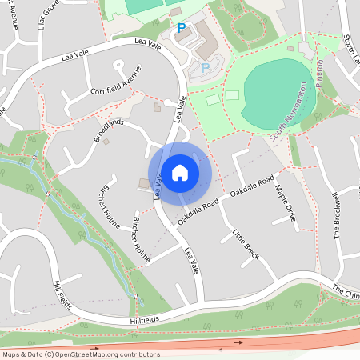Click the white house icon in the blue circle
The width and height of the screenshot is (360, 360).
pyautogui.click(x=180, y=173)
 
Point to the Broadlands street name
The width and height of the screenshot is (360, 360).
pyautogui.click(x=109, y=130)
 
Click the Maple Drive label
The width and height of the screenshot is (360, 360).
pyautogui.click(x=286, y=203)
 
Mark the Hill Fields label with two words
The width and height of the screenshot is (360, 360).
pyautogui.click(x=62, y=297)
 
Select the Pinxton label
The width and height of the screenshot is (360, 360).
pyautogui.click(x=319, y=74)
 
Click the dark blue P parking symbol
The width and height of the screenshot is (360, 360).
pyautogui.click(x=182, y=28)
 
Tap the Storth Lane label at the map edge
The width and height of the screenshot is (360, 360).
pyautogui.click(x=350, y=48)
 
